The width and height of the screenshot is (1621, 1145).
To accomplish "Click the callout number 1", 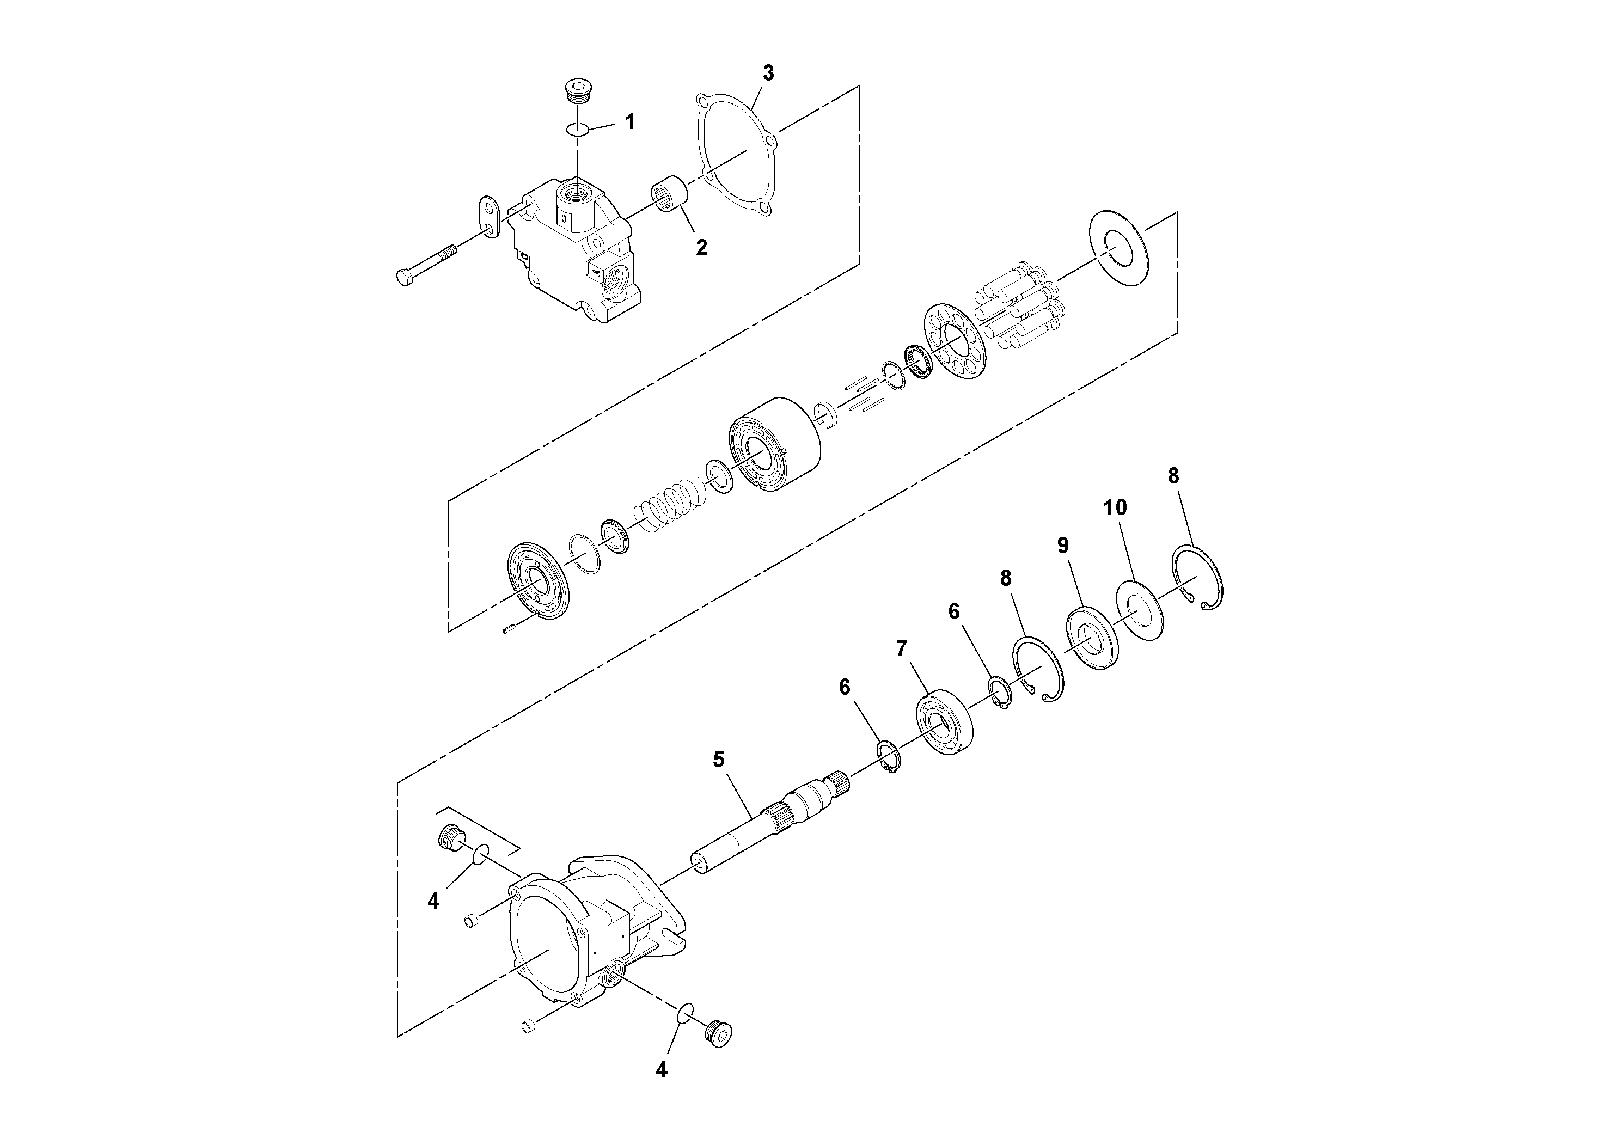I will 630,122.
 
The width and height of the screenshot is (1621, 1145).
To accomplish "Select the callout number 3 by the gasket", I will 768,73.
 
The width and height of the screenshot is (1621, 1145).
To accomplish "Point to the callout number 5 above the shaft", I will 719,760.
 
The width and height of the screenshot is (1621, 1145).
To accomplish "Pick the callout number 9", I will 1062,545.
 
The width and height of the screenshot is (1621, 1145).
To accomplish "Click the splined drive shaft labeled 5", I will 769,826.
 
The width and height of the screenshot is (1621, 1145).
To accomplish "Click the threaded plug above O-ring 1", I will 578,94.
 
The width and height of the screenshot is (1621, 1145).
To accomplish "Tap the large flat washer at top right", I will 1119,248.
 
